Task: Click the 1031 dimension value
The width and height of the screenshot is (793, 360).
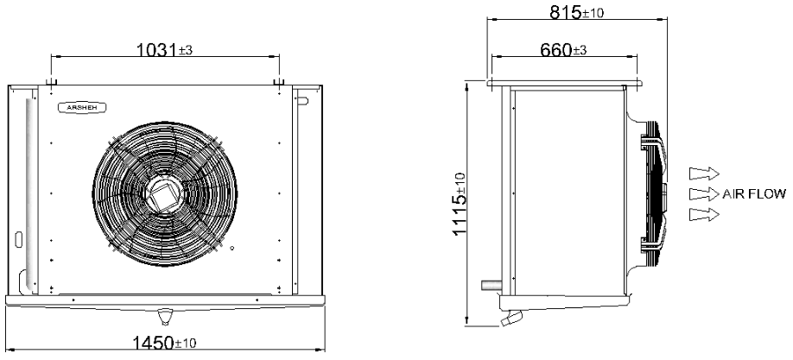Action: [x=157, y=49]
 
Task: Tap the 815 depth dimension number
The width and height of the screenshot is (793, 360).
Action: [x=566, y=13]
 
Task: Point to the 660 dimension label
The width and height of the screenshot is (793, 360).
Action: [x=556, y=50]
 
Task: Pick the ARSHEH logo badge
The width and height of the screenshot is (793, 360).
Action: [x=82, y=107]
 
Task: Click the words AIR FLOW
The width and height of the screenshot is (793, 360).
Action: [x=754, y=194]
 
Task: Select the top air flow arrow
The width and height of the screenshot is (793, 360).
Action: [x=705, y=174]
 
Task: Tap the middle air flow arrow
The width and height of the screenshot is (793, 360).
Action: [x=705, y=194]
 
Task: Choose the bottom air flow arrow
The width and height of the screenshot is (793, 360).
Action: [x=705, y=215]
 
